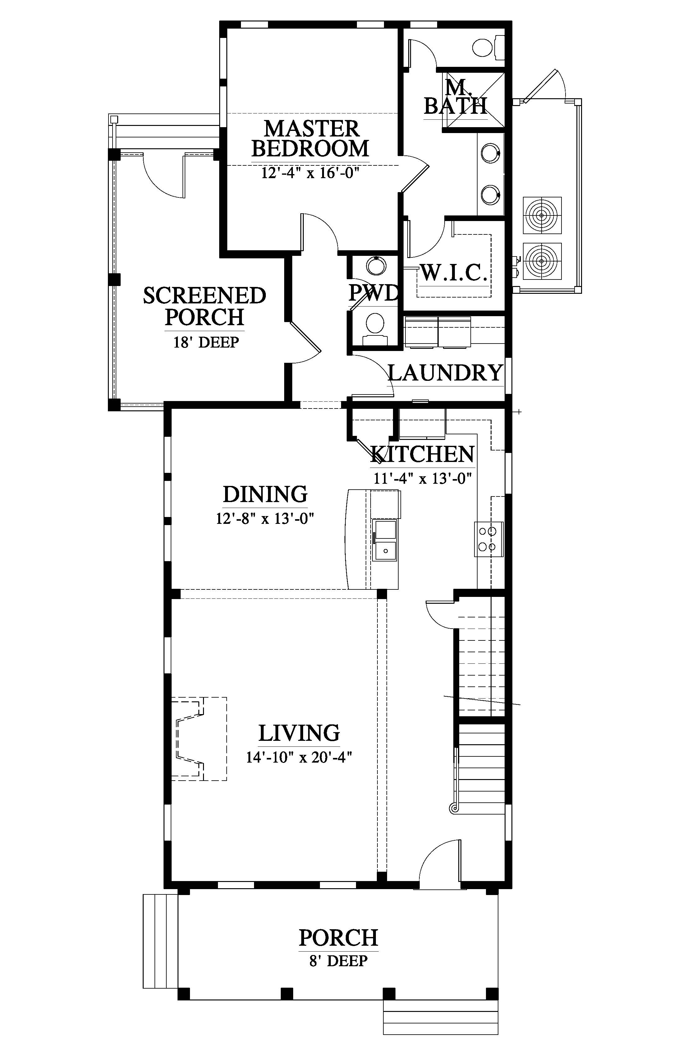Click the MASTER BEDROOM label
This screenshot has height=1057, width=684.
point(311,139)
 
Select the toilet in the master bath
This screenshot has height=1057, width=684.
point(488,48)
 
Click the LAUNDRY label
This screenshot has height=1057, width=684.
point(446,373)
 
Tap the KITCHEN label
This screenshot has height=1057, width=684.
point(423,454)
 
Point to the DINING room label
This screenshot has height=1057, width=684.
point(265,494)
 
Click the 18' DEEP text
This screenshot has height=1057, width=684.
point(206,342)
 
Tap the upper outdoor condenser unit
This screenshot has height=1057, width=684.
point(542,215)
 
